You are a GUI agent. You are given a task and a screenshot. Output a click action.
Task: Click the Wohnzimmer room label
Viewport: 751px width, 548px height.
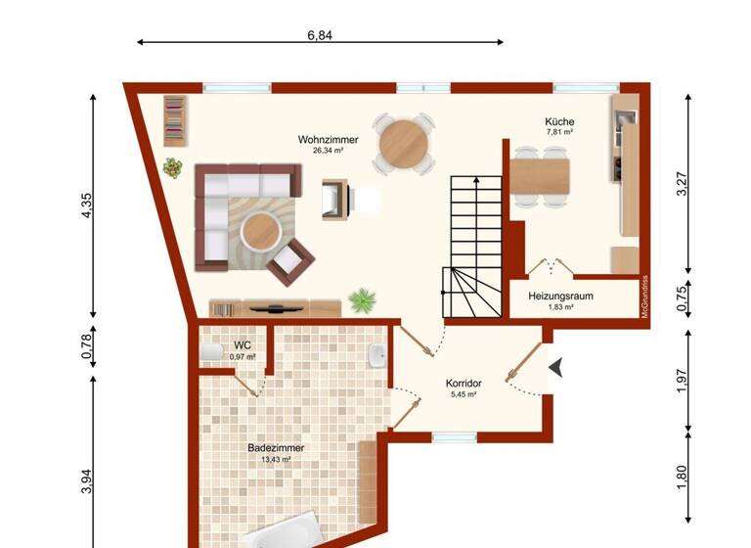click(328, 140)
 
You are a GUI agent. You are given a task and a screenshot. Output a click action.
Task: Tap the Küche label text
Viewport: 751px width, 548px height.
click(558, 122)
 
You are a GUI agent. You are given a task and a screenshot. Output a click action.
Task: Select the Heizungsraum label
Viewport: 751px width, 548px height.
click(560, 296)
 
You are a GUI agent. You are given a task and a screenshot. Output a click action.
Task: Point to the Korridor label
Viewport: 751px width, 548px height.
click(464, 384)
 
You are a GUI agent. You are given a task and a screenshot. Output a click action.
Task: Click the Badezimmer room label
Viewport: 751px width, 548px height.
click(276, 448)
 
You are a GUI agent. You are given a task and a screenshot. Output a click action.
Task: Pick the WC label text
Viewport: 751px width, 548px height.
click(242, 345)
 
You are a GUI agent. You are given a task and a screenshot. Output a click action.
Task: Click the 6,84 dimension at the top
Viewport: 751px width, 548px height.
click(320, 34)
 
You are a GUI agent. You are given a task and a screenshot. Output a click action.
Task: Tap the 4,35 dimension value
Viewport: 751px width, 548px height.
click(87, 206)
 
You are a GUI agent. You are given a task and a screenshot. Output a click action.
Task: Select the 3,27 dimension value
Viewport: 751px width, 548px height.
click(683, 185)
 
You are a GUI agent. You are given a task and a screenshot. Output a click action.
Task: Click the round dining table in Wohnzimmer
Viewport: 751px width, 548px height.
click(403, 144)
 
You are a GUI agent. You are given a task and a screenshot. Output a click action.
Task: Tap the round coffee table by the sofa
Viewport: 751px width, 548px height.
click(262, 232)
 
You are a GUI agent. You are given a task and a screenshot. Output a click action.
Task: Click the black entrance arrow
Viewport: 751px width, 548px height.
click(557, 367)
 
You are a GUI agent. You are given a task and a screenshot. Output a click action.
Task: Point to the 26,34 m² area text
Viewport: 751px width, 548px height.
click(328, 152)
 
